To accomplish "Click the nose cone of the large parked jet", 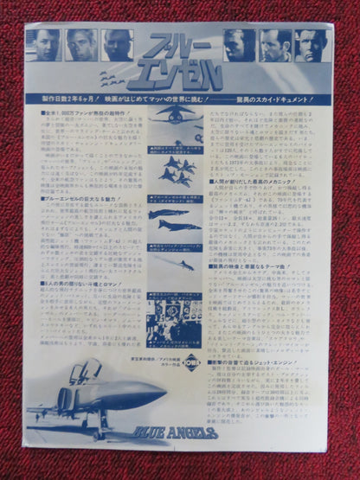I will (160, 395).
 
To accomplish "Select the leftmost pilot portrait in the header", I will (45, 44).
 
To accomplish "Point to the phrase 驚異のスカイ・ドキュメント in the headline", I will (277, 98).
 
